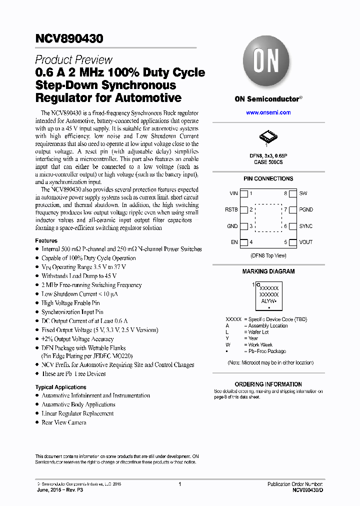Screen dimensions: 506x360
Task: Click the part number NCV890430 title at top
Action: pos(69,38)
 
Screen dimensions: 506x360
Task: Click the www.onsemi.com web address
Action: pos(268,112)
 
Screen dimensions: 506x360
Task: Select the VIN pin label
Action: pos(233,193)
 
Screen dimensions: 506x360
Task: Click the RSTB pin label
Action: pos(231,210)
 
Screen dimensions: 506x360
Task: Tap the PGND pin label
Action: pos(306,210)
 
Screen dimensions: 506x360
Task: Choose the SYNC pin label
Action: pos(305,226)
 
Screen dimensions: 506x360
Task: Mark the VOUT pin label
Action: pos(305,242)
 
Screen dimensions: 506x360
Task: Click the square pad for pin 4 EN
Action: pos(244,242)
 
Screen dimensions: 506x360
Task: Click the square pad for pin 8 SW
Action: pos(293,193)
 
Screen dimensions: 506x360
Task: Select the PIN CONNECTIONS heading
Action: pos(268,178)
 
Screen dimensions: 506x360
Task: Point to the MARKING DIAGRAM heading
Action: pos(268,271)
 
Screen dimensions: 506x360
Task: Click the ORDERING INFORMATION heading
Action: pos(268,384)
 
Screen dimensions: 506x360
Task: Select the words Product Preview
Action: pos(73,59)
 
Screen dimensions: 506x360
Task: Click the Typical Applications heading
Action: pos(60,387)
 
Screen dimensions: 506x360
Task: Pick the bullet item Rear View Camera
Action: pos(63,422)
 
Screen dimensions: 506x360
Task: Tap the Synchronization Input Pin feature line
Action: pos(72,312)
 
